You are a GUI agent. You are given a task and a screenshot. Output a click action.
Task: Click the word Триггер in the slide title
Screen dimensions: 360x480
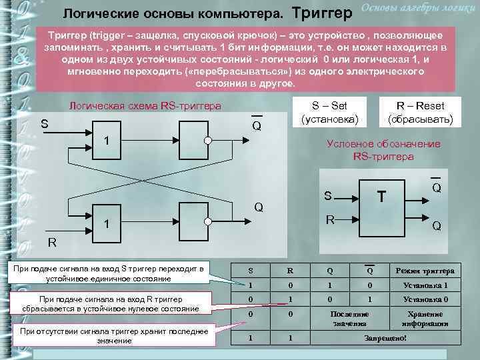point(321,13)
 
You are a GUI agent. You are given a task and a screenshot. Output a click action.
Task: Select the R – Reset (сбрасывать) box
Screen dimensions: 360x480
point(420,113)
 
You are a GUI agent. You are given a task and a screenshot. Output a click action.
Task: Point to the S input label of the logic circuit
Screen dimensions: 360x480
point(44,123)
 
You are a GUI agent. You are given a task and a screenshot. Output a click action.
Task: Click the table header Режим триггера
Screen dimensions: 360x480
point(425,271)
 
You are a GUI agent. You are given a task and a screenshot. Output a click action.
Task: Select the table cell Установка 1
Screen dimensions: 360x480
point(425,285)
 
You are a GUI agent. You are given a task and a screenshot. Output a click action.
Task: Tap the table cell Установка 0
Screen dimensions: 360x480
point(425,299)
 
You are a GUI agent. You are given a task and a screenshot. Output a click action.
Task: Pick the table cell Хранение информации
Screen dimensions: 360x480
point(425,318)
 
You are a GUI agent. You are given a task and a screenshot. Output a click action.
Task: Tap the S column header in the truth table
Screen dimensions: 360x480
point(250,271)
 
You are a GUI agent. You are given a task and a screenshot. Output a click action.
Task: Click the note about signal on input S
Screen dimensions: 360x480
point(114,273)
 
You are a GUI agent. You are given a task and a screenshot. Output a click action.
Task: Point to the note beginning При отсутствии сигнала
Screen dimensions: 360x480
point(114,335)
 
